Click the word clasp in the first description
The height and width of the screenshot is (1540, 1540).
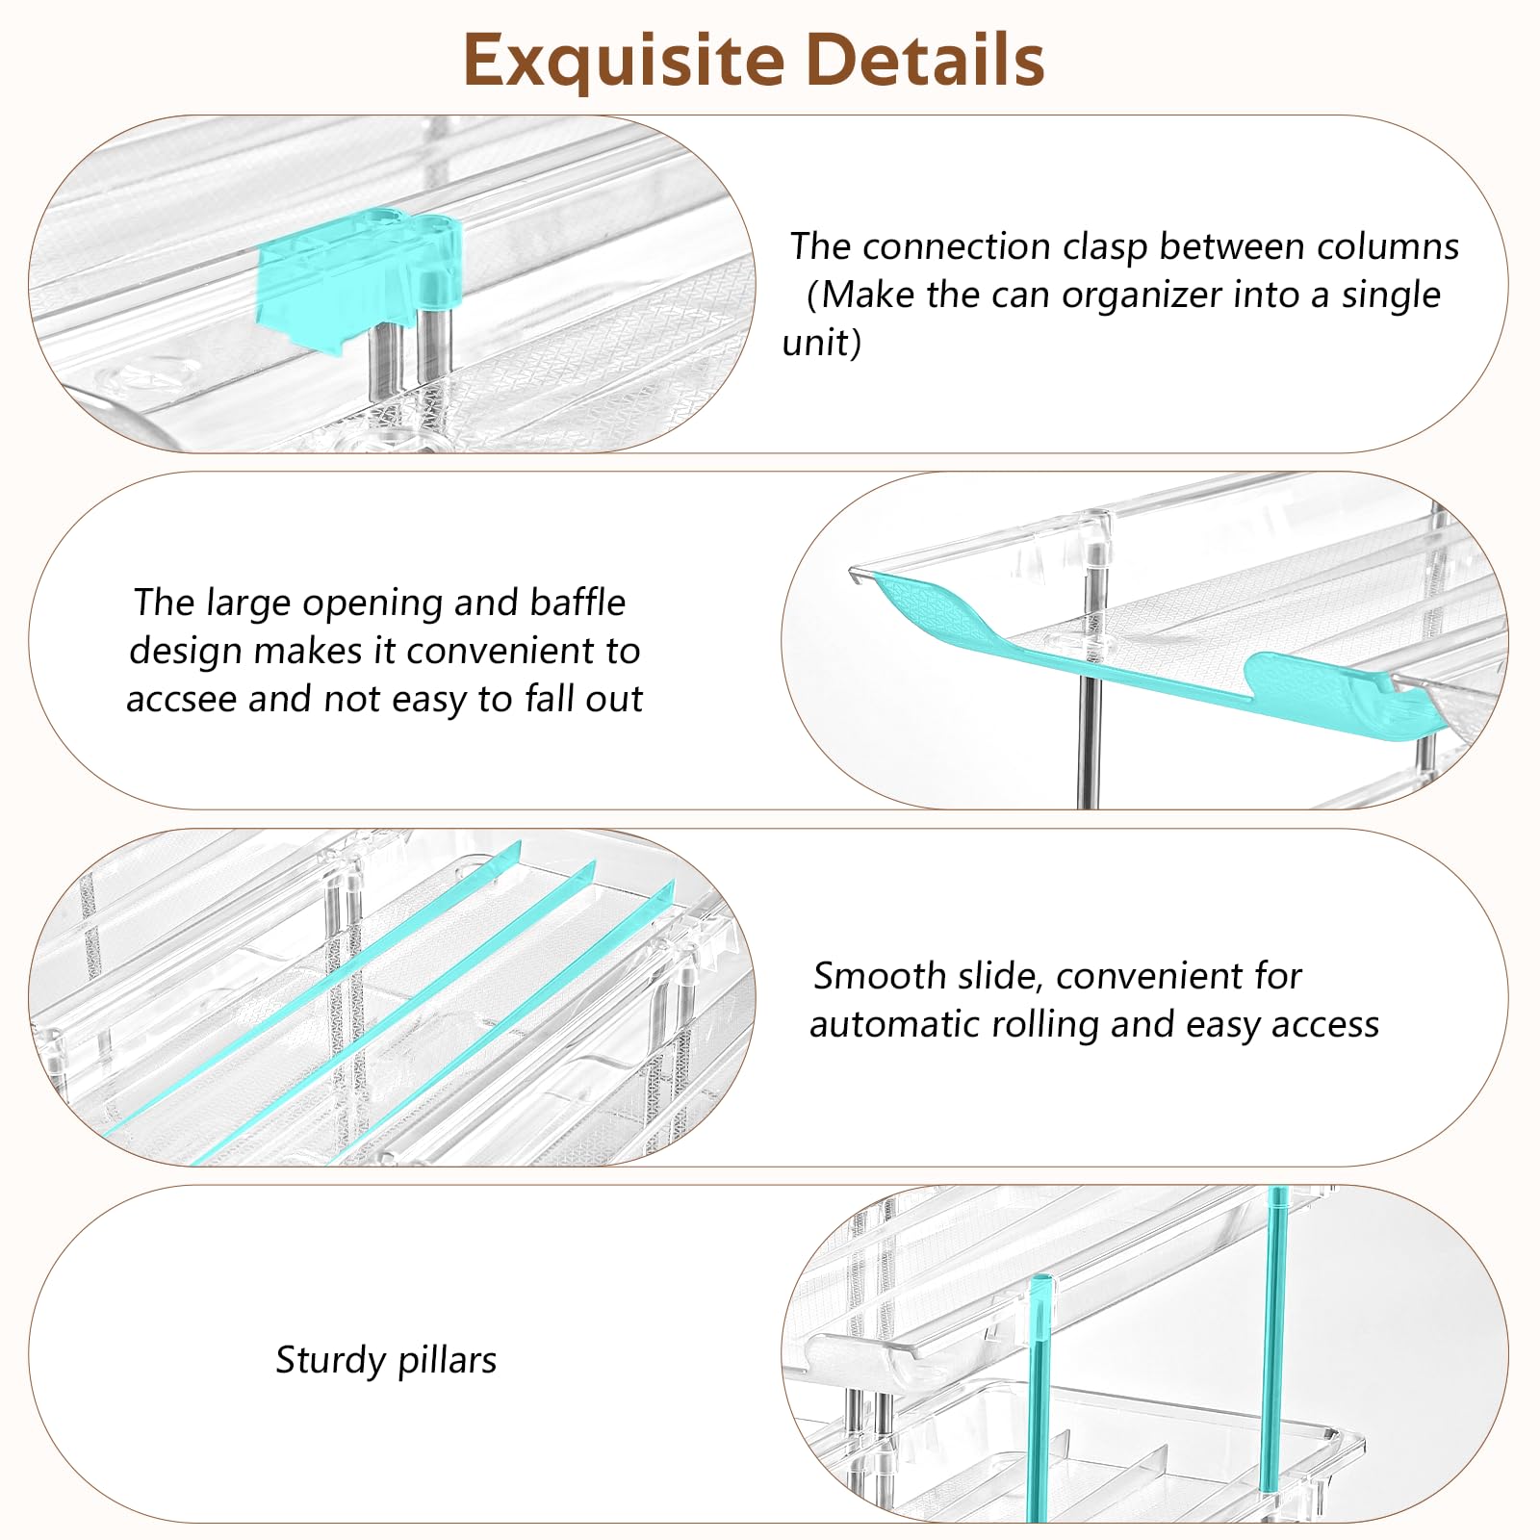tap(1105, 247)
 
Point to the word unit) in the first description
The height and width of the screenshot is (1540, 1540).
tap(821, 344)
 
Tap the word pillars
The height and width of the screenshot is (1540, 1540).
tap(448, 1361)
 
